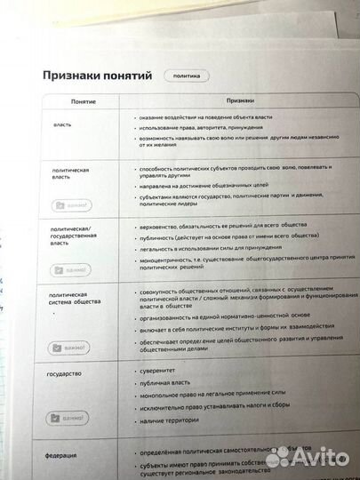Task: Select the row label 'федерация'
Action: tap(61, 455)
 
